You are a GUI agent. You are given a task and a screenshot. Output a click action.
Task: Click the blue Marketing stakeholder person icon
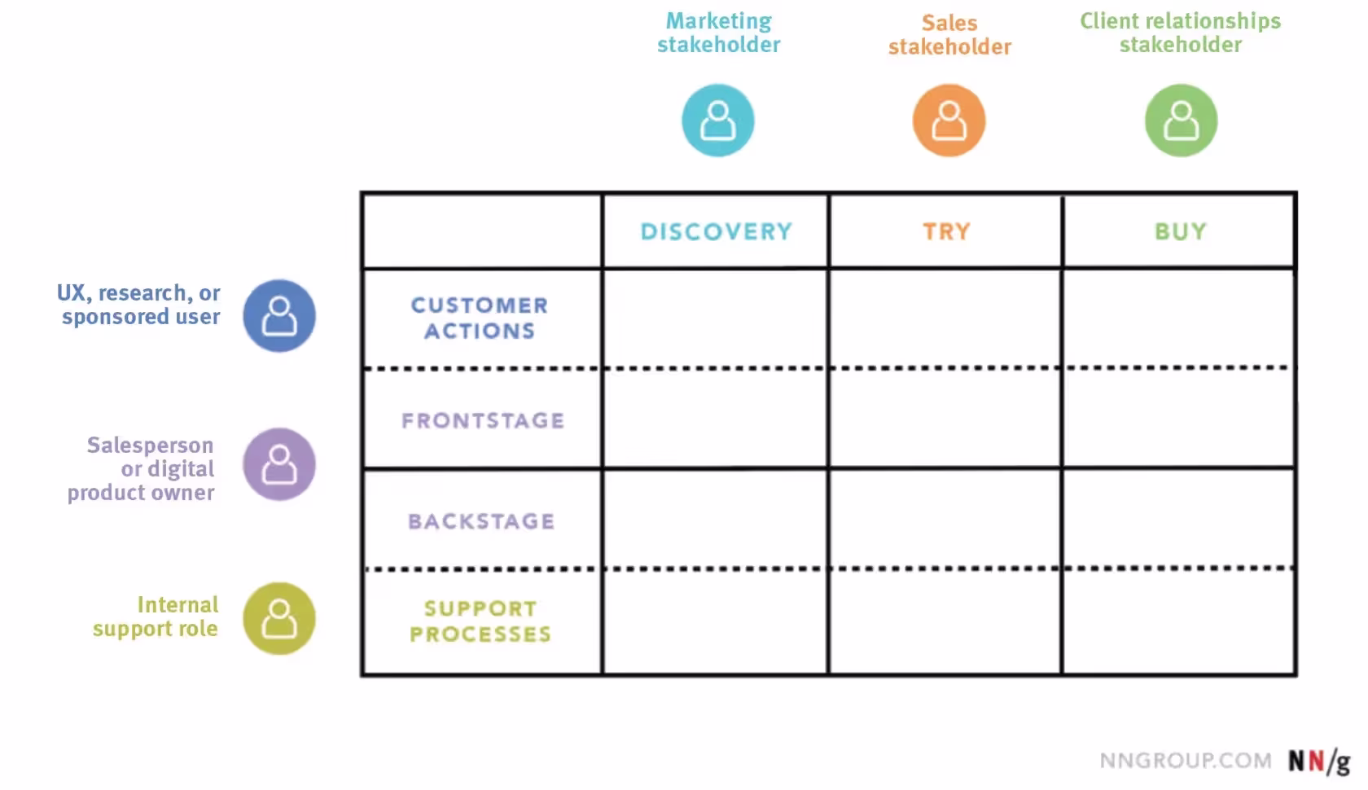pos(717,121)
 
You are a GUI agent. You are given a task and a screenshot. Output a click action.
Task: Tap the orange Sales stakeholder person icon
pos(949,121)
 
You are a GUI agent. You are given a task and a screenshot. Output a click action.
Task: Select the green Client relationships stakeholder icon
pos(1181,121)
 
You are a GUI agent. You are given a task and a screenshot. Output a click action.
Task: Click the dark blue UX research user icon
pos(279,316)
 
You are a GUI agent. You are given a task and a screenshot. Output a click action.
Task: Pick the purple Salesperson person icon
pos(279,464)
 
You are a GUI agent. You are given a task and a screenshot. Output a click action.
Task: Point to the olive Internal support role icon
pos(279,618)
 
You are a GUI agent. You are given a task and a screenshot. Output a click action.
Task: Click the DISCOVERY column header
pos(716,231)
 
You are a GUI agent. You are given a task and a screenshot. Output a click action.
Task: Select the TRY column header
pos(946,231)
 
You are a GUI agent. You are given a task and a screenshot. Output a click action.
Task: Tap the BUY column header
pos(1180,231)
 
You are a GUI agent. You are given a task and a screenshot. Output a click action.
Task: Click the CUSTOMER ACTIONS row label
pos(480,318)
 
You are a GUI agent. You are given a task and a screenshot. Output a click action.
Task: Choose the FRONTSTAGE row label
pos(483,420)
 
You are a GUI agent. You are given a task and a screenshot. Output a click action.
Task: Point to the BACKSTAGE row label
pos(481,521)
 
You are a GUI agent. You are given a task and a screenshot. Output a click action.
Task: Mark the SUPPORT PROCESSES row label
pos(480,621)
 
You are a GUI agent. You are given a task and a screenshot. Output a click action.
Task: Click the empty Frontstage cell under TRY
pos(945,419)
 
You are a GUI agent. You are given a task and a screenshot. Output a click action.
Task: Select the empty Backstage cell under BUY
pos(1178,519)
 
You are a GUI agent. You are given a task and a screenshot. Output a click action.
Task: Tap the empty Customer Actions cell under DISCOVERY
pos(716,318)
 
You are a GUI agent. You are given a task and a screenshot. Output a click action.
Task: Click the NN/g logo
pos(1318,761)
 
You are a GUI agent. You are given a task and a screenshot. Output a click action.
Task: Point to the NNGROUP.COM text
pos(1185,761)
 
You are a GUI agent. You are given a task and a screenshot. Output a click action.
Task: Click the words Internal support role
pos(156,617)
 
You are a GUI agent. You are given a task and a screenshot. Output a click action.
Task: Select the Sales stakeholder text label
pos(949,35)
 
